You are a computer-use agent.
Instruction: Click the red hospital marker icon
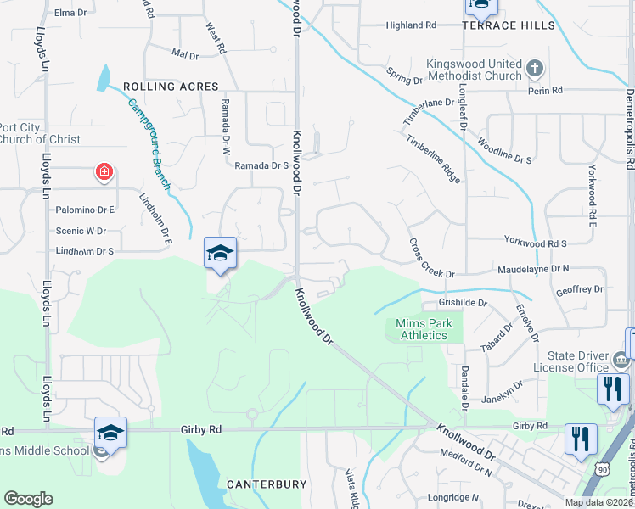(104, 173)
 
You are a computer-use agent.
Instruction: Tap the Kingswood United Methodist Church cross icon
(534, 67)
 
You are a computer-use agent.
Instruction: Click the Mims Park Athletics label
(424, 329)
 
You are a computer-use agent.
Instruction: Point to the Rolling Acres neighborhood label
(171, 87)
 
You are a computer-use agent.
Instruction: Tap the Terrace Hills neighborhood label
(509, 25)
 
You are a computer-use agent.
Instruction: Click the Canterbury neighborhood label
(266, 484)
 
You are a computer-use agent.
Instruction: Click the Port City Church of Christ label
(40, 134)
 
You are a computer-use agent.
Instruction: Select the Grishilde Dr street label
(462, 302)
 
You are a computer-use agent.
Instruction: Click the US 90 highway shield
(602, 467)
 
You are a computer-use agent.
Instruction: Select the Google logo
(28, 499)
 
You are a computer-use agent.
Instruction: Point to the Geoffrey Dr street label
(579, 289)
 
